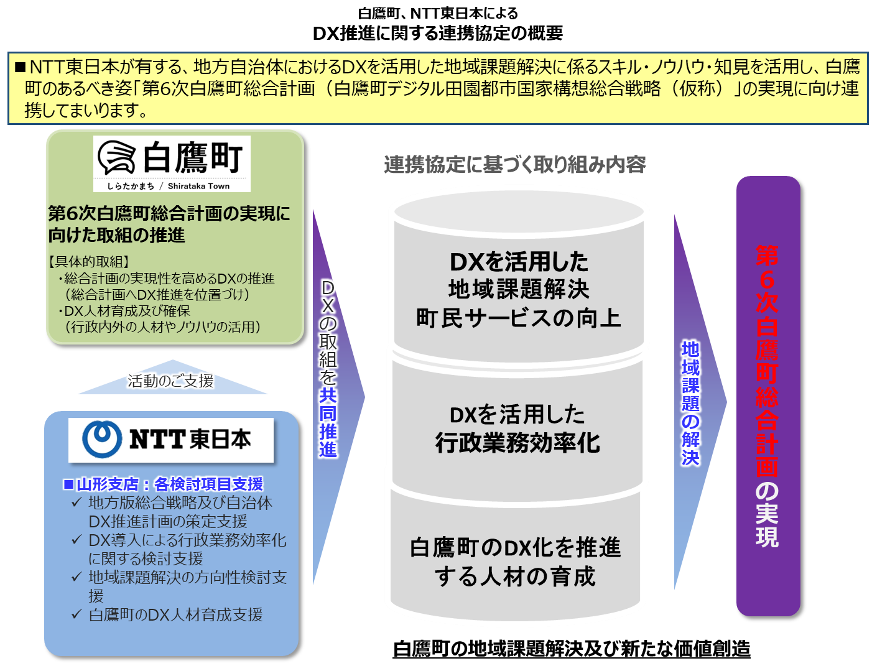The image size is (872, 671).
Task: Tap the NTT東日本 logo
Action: [170, 440]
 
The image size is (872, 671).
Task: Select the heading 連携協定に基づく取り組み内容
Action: [515, 165]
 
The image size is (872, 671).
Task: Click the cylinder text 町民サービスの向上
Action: [518, 318]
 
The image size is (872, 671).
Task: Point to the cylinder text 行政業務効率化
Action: [517, 443]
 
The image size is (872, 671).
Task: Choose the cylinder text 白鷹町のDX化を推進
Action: [515, 548]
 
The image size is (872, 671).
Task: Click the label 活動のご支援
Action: [171, 381]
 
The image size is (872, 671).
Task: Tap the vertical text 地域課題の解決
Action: [691, 403]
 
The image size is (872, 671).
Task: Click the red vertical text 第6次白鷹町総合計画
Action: [768, 361]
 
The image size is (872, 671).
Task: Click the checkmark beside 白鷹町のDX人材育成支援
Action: [77, 614]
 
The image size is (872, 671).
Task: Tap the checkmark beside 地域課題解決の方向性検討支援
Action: [77, 577]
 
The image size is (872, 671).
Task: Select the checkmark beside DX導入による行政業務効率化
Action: [77, 540]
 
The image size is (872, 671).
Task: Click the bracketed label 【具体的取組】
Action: [88, 262]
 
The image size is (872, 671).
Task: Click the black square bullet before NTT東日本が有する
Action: [19, 67]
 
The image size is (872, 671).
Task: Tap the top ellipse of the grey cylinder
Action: [519, 208]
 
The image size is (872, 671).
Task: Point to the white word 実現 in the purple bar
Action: [768, 525]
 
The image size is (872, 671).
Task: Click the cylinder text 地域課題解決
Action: [518, 289]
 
